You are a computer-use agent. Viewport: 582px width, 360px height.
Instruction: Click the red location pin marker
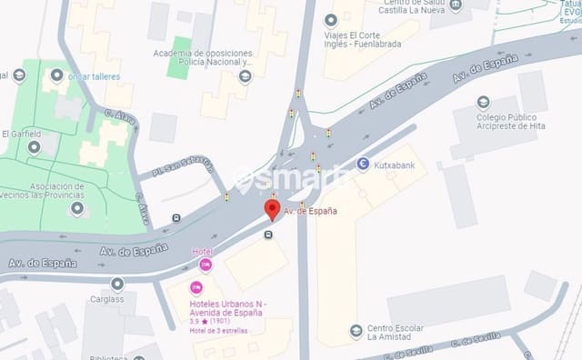[x=271, y=210]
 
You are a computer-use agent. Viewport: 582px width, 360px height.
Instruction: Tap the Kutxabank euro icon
[x=363, y=165]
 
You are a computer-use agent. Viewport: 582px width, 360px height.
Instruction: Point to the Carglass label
[x=106, y=299]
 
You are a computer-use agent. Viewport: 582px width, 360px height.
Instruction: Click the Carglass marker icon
[x=117, y=283]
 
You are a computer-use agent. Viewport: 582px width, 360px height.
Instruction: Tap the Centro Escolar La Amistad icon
[x=356, y=331]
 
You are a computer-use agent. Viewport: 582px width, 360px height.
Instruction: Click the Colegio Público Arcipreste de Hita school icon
[x=482, y=101]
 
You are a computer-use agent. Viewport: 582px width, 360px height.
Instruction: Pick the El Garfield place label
[x=21, y=134]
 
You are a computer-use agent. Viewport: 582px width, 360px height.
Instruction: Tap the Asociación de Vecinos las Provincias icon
[x=76, y=208]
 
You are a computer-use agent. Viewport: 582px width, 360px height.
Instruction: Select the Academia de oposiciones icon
[x=244, y=76]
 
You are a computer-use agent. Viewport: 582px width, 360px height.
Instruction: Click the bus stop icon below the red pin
[x=268, y=234]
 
